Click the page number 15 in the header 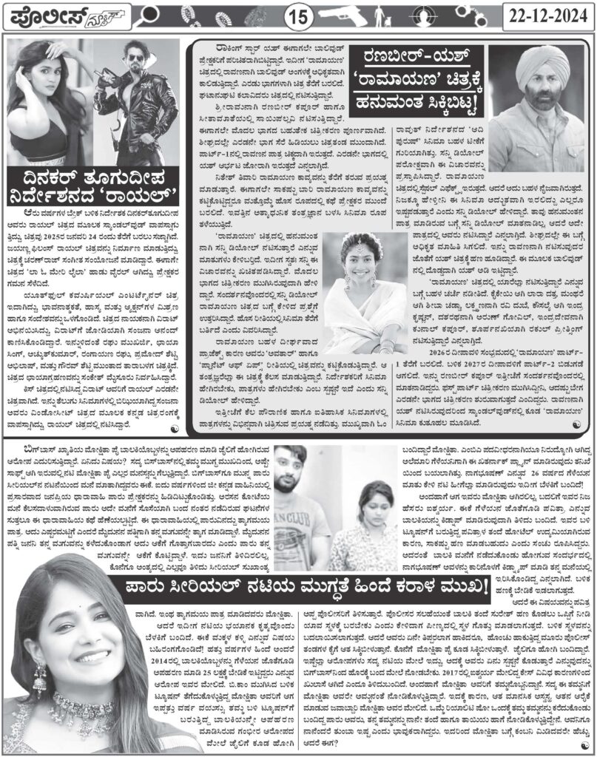299,16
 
